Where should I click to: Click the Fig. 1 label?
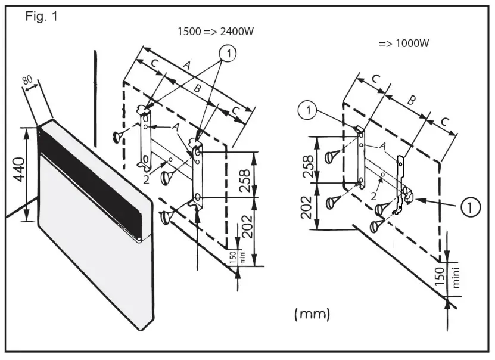tap(41, 17)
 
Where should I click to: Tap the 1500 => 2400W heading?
tap(216, 32)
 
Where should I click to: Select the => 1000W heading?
tap(404, 44)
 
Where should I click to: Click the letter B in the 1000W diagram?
tap(410, 101)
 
